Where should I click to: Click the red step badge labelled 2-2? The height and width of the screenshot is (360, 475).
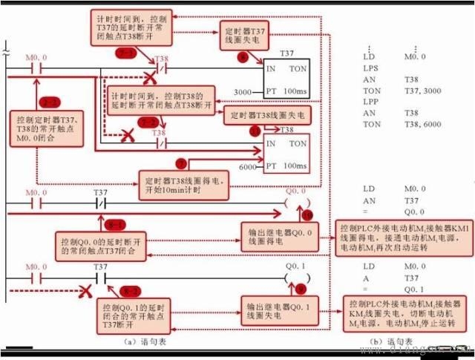coord(149,121)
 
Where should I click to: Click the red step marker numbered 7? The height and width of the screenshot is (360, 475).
coord(180,163)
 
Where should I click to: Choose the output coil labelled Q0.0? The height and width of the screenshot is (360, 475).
coord(296,202)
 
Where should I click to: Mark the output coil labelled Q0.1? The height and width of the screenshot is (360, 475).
coord(296,278)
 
